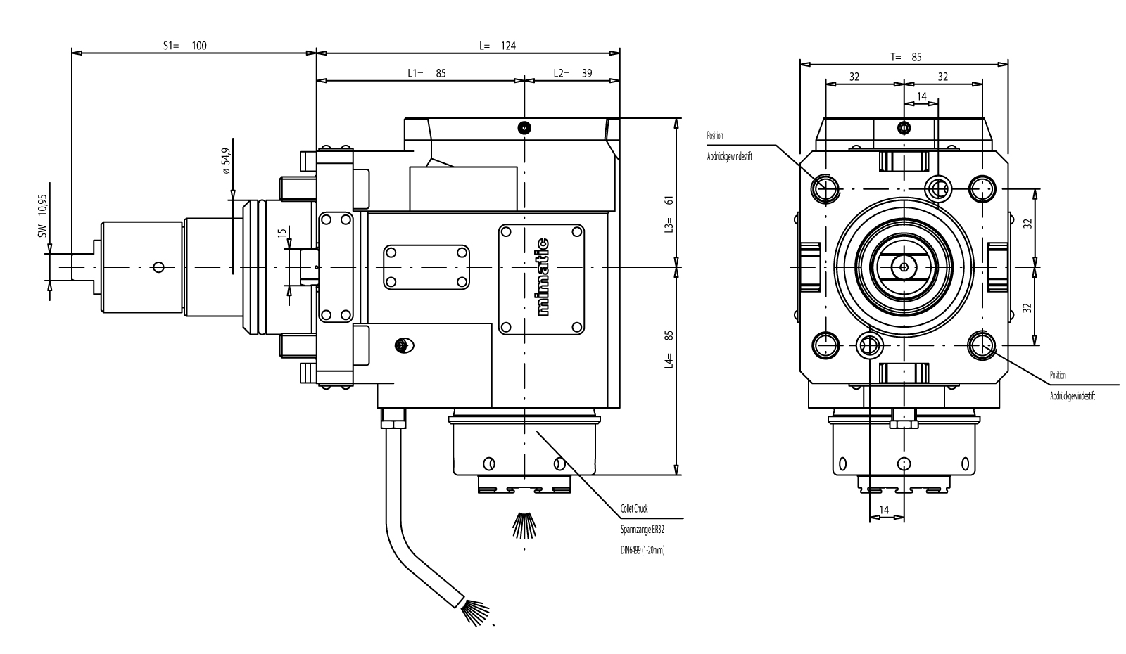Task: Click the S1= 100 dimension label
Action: tap(185, 46)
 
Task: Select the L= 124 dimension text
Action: tap(498, 46)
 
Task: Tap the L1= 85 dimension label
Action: tap(426, 72)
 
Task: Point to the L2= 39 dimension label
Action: tap(572, 72)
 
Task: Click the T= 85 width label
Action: tap(905, 57)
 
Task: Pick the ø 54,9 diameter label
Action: tap(225, 161)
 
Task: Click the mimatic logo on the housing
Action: tap(542, 277)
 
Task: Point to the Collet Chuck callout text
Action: tap(635, 508)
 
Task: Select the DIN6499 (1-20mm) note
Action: tap(638, 551)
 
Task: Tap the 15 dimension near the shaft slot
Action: tap(281, 233)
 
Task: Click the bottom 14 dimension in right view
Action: tap(885, 509)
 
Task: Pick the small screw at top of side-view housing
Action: tap(524, 128)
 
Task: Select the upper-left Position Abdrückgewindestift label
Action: tap(729, 146)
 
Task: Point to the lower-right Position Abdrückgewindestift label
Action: tap(1071, 385)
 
